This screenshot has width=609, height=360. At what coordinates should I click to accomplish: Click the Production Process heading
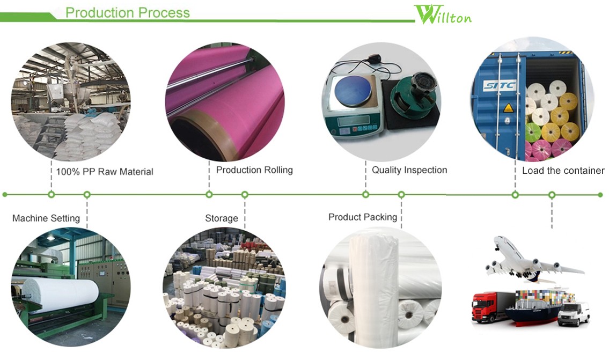[127, 12]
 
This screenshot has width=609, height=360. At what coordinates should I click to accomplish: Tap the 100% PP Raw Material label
[105, 172]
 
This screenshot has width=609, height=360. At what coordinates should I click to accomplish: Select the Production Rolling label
[254, 170]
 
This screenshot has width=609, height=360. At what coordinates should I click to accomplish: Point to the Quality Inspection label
[409, 170]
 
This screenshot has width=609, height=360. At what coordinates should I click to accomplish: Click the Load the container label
[563, 171]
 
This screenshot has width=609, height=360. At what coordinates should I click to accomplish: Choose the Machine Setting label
[46, 218]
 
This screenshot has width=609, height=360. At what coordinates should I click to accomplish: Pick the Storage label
[221, 218]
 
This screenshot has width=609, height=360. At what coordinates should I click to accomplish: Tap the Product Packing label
[363, 217]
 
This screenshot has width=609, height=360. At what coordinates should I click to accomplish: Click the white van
[573, 314]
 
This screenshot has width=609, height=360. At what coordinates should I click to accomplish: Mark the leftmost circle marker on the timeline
[5, 194]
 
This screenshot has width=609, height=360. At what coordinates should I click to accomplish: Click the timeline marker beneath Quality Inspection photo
[365, 194]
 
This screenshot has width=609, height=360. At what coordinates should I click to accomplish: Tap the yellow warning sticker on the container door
[508, 108]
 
